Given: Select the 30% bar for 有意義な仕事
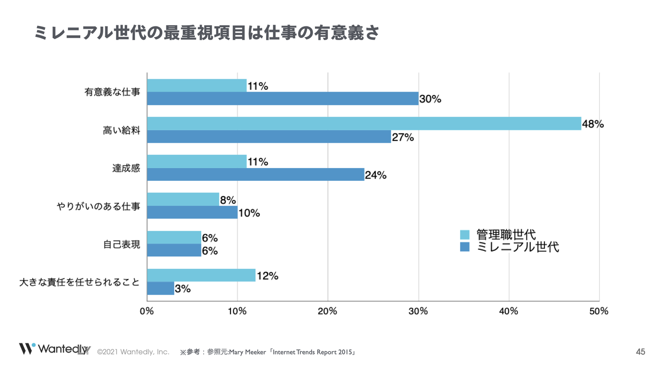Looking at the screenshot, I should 282,98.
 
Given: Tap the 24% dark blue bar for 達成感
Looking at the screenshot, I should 255,174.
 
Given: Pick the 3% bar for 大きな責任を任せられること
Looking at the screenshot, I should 160,288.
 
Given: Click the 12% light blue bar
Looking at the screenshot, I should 201,275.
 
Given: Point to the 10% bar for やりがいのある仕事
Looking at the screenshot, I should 192,212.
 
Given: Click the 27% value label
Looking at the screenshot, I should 403,137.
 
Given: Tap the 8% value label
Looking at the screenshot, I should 228,200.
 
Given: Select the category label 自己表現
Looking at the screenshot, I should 122,245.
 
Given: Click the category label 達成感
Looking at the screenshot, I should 126,168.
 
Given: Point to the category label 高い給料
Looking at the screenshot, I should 122,130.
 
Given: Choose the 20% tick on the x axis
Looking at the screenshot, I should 328,312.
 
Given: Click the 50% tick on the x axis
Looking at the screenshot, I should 599,312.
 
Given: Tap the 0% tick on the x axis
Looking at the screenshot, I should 147,312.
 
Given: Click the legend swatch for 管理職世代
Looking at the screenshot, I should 465,235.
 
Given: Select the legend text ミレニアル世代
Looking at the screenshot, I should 518,247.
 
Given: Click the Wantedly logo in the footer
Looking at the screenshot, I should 55,349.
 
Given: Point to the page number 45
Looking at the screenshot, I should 641,352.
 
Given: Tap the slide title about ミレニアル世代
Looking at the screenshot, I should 206,33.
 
